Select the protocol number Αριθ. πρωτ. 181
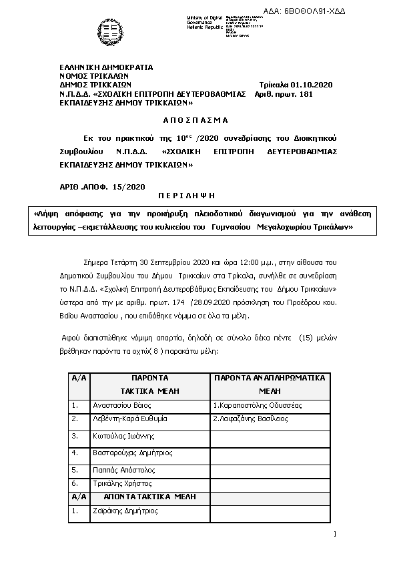tap(284, 95)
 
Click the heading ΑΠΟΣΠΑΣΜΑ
tap(195, 120)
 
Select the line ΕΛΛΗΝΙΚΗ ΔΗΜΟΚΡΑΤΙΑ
tap(106, 67)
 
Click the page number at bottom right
tap(334, 533)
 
